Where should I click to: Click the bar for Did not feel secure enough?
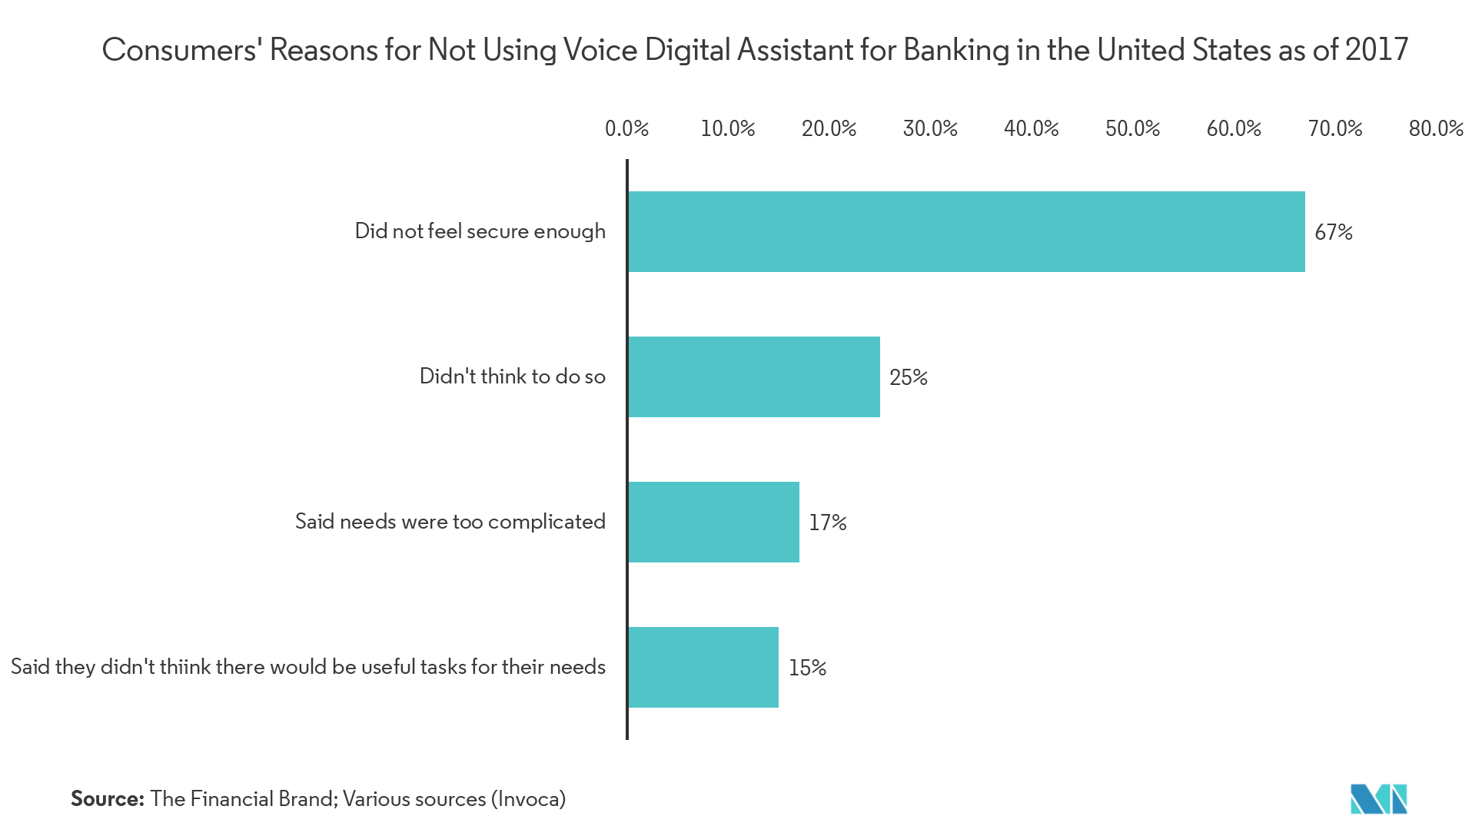pos(966,231)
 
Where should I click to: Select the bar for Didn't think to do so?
pos(754,377)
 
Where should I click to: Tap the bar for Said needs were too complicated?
pos(713,522)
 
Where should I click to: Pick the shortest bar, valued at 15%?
pos(703,667)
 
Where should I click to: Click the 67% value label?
pos(1333,232)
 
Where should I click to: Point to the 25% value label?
pos(908,377)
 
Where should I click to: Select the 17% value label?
pos(827,522)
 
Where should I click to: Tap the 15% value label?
pos(807,668)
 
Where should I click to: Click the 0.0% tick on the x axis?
pos(626,128)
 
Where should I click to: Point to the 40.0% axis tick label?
pos(1031,128)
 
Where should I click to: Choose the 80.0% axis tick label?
pos(1435,128)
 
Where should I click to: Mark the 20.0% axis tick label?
pos(829,128)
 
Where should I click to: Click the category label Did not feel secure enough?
pos(480,231)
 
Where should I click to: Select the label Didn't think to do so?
pos(512,377)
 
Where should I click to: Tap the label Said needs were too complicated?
pos(450,522)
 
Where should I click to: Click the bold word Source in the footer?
pos(107,799)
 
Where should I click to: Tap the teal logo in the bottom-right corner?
pos(1378,799)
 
